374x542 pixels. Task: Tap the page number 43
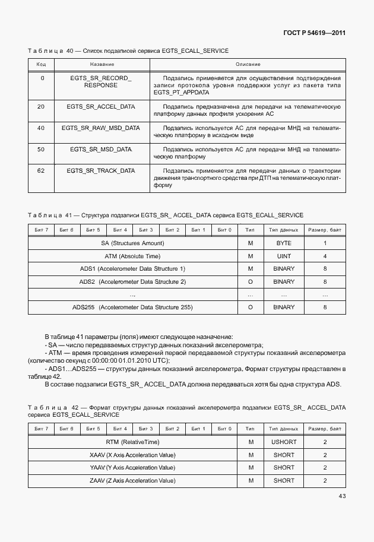[342, 496]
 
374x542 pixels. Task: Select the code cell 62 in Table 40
[41, 171]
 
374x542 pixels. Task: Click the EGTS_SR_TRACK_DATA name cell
[101, 171]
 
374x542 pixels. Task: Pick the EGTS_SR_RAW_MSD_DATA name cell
[101, 128]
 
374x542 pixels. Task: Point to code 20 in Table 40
[41, 107]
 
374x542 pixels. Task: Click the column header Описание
[248, 64]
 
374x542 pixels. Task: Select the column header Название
[101, 64]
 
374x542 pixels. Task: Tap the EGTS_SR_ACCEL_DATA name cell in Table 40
[101, 107]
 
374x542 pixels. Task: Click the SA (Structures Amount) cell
[133, 243]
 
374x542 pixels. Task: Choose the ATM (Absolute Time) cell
[133, 256]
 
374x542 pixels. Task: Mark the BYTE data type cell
[284, 243]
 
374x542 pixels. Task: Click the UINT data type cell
[284, 256]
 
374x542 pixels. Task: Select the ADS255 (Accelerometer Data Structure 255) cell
[133, 308]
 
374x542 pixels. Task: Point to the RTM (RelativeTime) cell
[133, 442]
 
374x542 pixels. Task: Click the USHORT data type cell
[284, 442]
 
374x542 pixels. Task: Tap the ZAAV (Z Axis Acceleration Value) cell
[133, 481]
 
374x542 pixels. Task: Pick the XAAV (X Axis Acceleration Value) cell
[133, 455]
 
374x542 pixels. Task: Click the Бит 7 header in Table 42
[42, 429]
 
